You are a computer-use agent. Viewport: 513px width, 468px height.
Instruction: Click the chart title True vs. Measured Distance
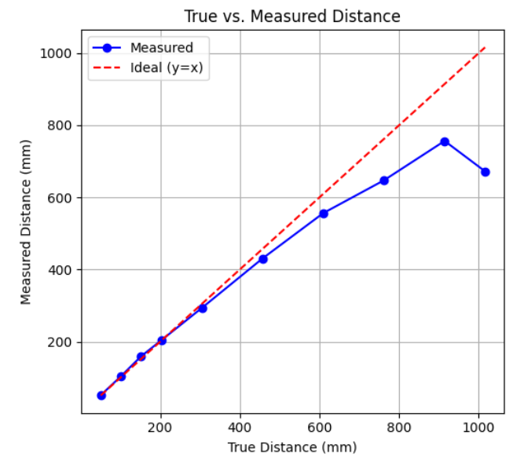(291, 16)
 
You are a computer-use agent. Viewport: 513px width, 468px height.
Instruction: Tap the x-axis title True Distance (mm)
(291, 448)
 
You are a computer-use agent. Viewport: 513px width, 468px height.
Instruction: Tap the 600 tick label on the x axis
(320, 428)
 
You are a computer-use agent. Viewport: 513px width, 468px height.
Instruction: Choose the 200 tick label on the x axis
(161, 428)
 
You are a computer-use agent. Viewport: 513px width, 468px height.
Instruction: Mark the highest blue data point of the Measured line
(445, 141)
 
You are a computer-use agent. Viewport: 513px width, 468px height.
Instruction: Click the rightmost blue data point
(485, 172)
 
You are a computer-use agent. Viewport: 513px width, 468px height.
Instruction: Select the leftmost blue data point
(101, 395)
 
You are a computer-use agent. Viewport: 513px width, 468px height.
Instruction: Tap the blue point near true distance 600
(324, 214)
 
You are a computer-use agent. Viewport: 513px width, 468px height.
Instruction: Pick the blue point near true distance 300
(203, 309)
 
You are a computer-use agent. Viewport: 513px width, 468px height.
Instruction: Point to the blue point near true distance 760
(384, 181)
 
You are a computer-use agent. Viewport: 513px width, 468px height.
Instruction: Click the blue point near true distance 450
(263, 259)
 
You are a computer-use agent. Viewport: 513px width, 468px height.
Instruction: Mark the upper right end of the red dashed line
(485, 47)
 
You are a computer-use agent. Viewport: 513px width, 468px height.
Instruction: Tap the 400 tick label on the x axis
(240, 428)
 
